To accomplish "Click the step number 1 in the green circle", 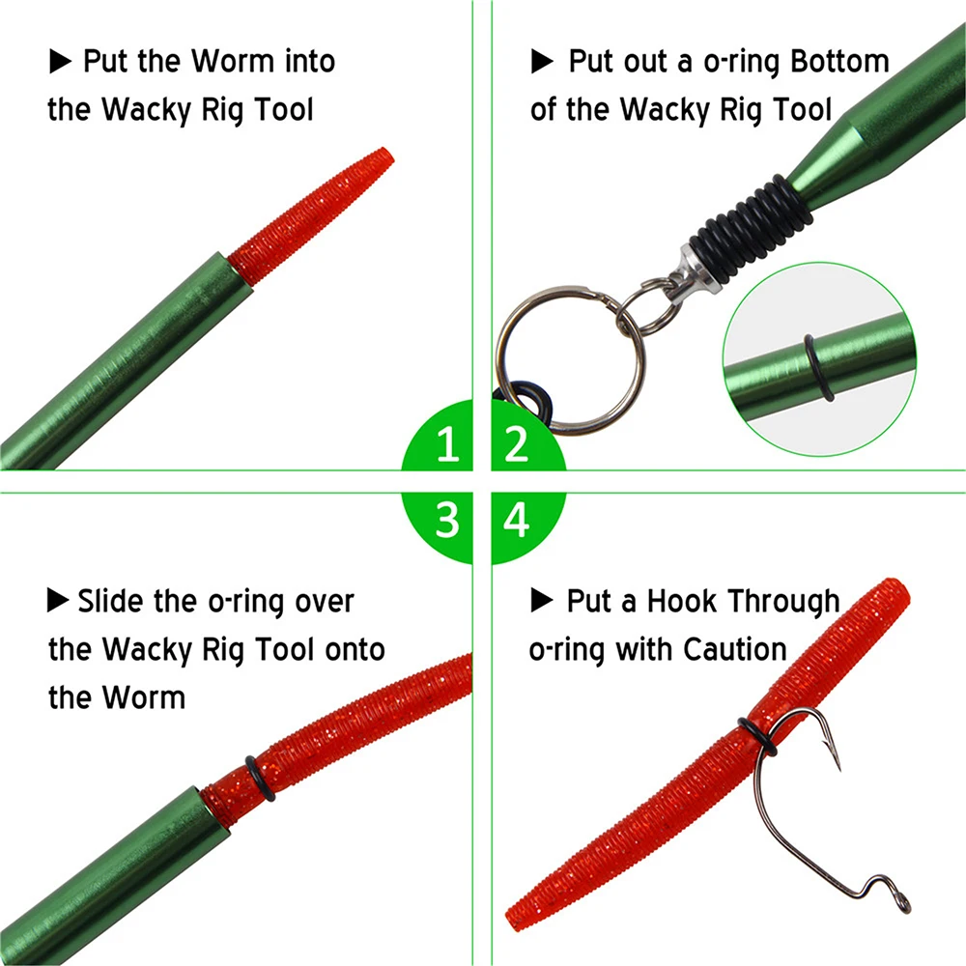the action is click(x=448, y=443).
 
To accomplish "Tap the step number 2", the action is click(x=516, y=443).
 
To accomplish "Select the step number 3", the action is click(x=448, y=520).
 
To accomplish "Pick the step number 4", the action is click(x=516, y=520).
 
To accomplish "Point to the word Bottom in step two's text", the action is click(x=839, y=62).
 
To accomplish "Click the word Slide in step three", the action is click(x=112, y=601).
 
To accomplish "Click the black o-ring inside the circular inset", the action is click(x=818, y=368).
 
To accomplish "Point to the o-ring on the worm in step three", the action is click(x=260, y=778).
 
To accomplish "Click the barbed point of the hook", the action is click(x=837, y=764).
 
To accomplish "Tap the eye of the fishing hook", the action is click(x=904, y=903).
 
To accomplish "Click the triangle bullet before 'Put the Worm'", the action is click(x=60, y=62).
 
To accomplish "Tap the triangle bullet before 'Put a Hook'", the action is click(x=542, y=600).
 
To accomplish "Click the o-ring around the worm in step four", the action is click(x=757, y=735).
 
